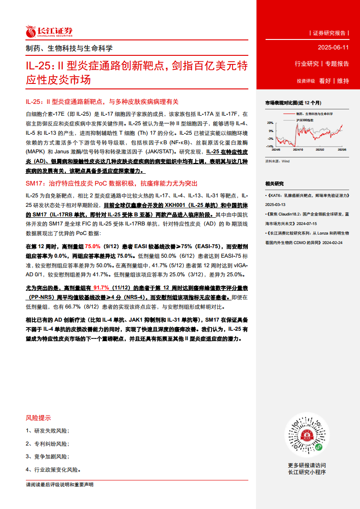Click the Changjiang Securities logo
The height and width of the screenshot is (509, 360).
point(49,31)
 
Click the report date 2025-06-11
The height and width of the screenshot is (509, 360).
point(333,48)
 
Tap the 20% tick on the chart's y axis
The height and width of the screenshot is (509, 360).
point(270,122)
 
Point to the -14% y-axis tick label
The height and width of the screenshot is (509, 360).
point(270,147)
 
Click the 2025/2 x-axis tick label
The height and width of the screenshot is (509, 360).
point(321,149)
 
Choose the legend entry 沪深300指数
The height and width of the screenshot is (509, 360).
point(304,120)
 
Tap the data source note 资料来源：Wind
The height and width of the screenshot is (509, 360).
point(277,161)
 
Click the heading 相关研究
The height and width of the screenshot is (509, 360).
point(274,184)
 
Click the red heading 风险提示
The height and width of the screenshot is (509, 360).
point(39,418)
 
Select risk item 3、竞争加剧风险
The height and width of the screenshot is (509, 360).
point(47,456)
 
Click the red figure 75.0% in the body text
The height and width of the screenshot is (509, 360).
point(93,246)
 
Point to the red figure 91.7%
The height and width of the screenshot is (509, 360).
point(101,288)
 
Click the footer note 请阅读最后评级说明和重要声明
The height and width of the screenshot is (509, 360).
point(59,485)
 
